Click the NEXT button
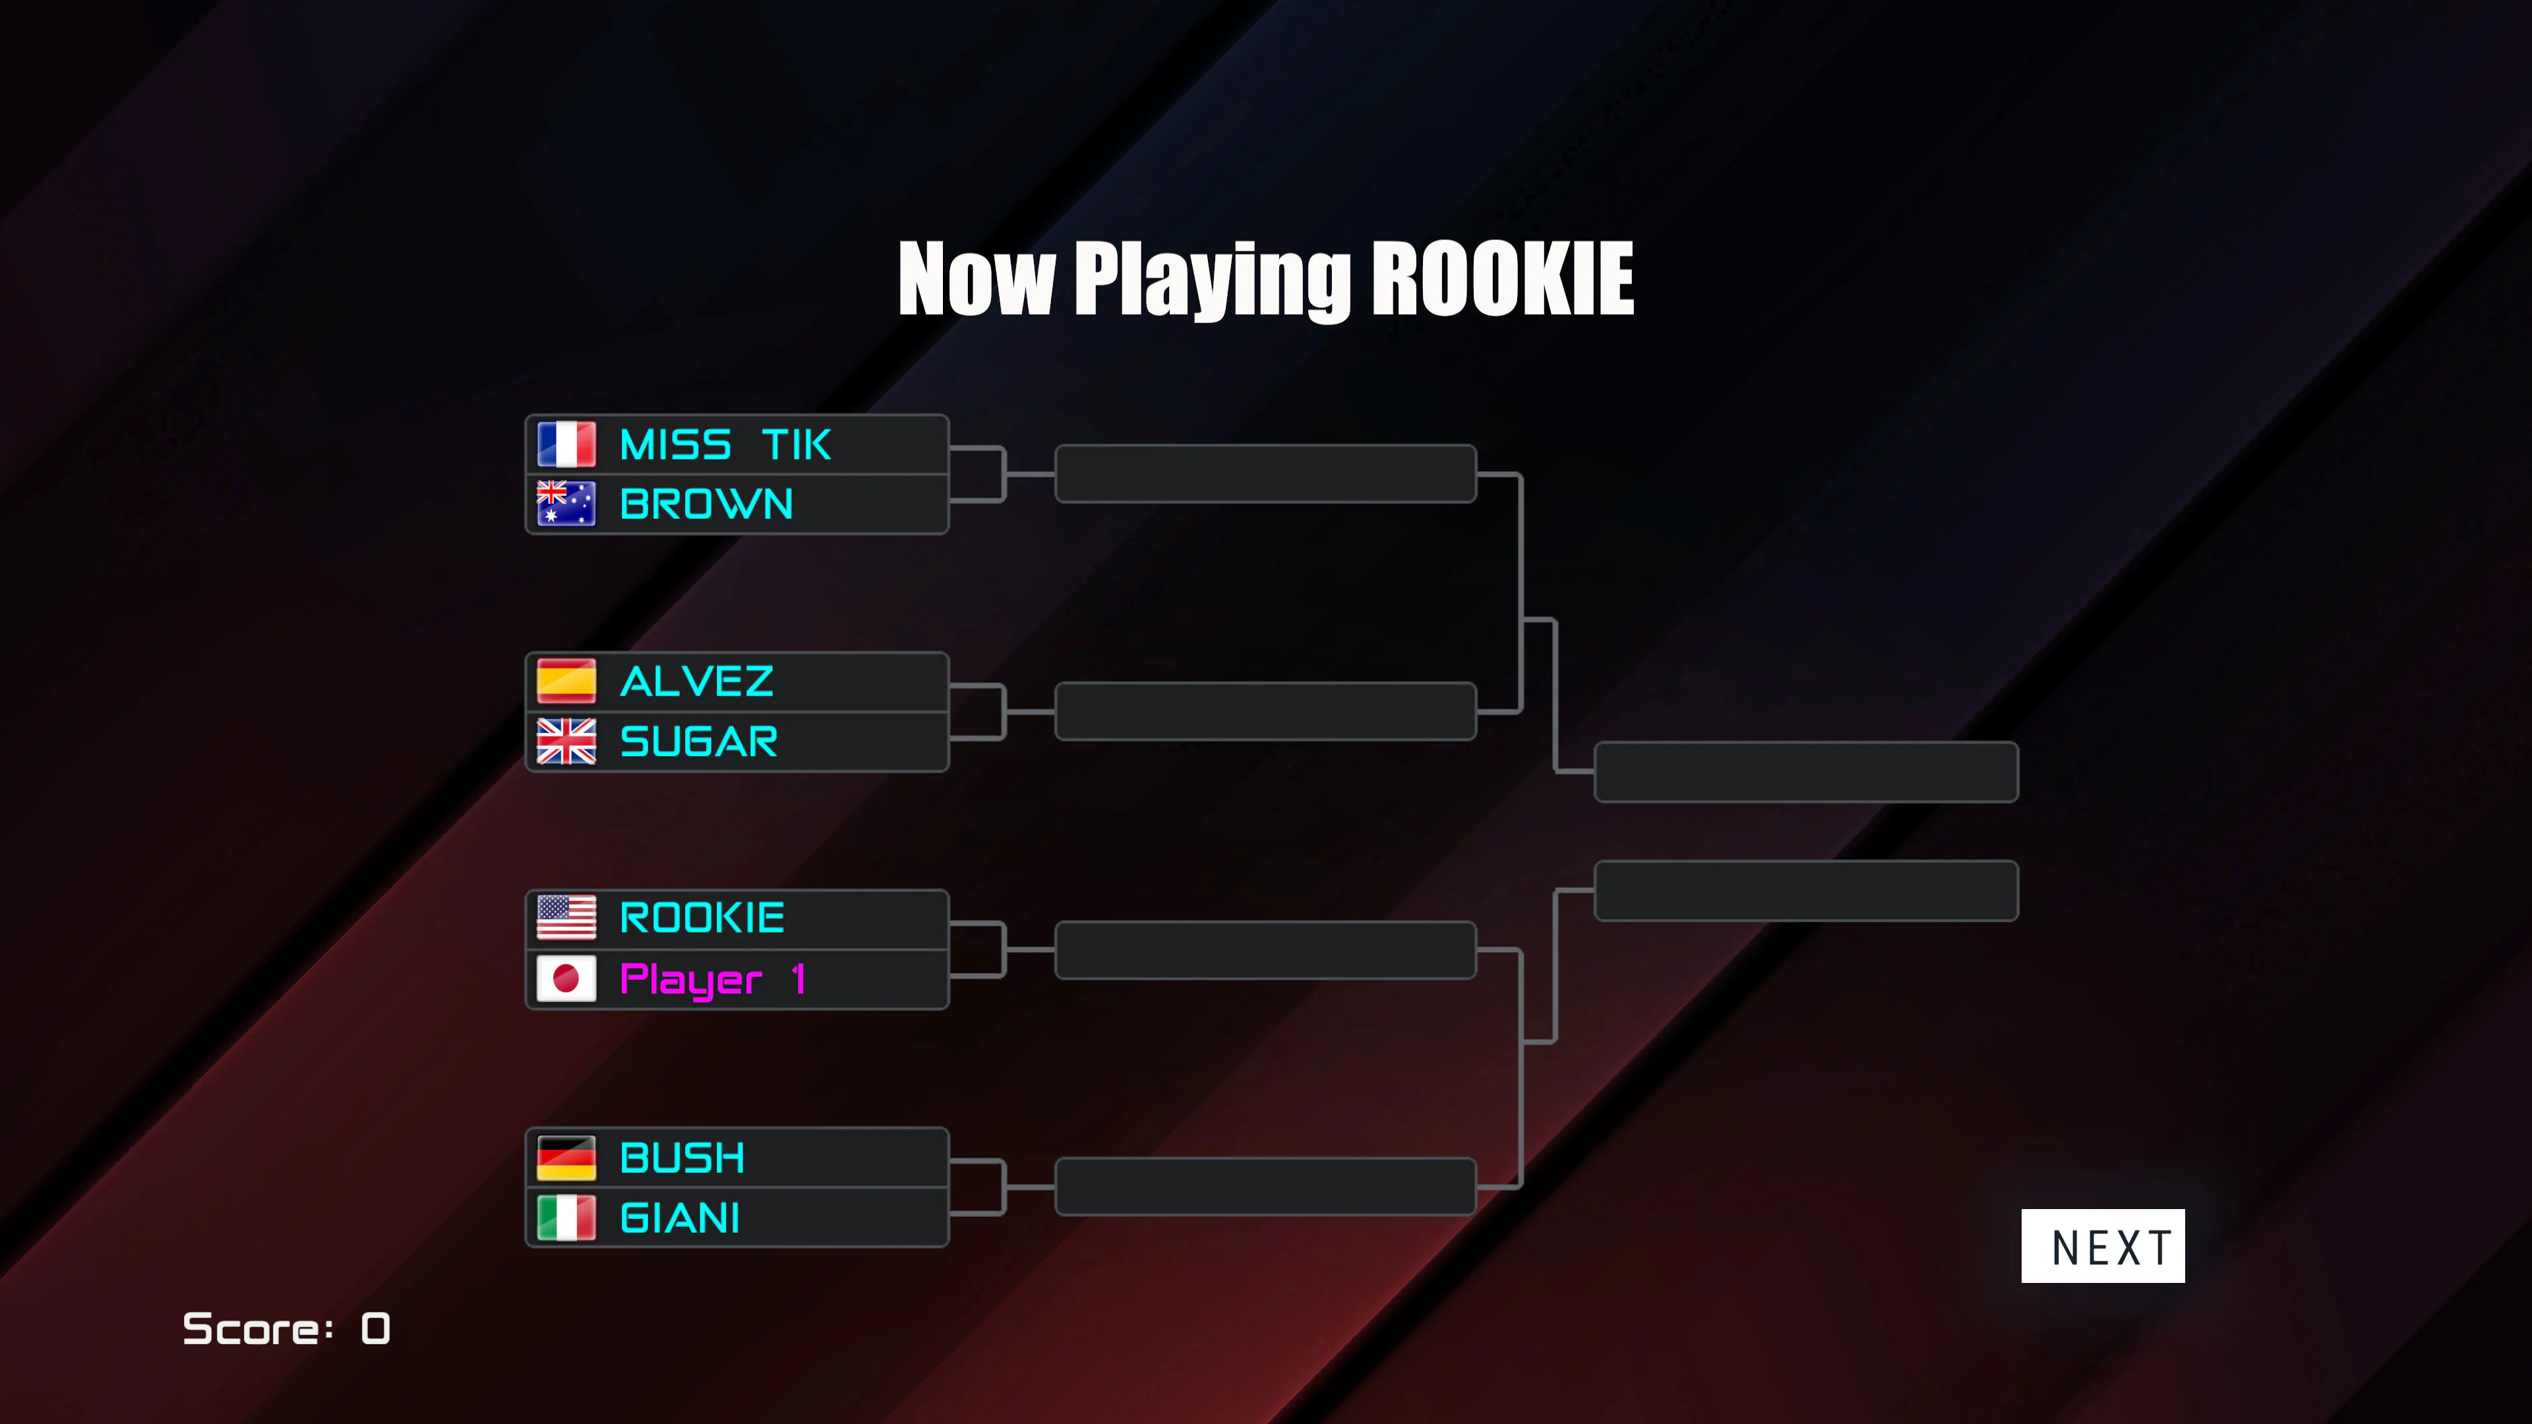click(2103, 1245)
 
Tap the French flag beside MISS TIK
click(566, 444)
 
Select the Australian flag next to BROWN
click(566, 503)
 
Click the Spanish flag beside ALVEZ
click(566, 681)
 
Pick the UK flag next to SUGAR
click(566, 741)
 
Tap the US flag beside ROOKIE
click(566, 918)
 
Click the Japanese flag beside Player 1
click(566, 978)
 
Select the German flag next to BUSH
click(566, 1158)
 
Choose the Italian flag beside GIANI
click(566, 1218)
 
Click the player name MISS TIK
click(725, 445)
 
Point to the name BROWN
click(707, 504)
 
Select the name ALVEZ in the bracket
click(697, 681)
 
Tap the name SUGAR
click(699, 741)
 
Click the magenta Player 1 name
click(713, 980)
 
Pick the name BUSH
click(682, 1158)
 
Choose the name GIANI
click(679, 1218)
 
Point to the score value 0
click(375, 1328)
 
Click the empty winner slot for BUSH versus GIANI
click(1265, 1186)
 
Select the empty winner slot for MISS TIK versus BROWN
click(1265, 474)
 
